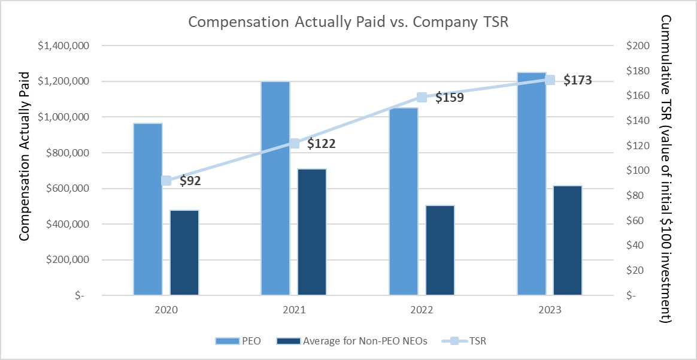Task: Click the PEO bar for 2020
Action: (x=148, y=209)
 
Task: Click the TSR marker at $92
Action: (x=166, y=180)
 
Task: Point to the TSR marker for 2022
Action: (x=422, y=97)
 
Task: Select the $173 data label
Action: (x=577, y=80)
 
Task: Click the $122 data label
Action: (x=321, y=144)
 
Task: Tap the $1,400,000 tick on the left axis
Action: (x=60, y=46)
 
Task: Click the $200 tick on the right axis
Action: (x=637, y=46)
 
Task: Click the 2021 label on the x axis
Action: (x=294, y=311)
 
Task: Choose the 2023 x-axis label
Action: (x=550, y=311)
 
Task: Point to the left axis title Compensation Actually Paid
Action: (x=24, y=156)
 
